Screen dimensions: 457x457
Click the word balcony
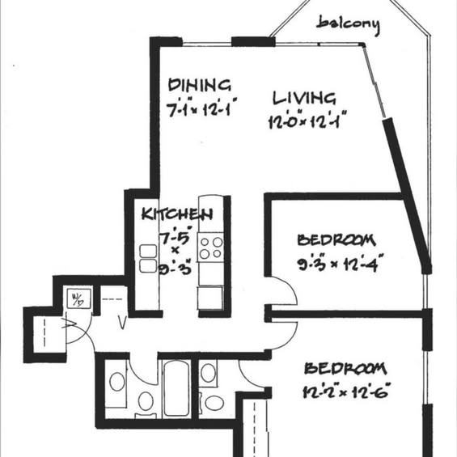[349, 25]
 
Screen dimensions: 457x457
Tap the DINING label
[200, 85]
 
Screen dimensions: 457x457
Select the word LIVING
[304, 98]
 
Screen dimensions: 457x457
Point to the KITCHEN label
[177, 214]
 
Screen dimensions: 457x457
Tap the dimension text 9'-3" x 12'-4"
[340, 263]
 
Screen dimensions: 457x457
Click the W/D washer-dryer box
[78, 298]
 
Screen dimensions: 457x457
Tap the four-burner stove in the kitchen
[211, 248]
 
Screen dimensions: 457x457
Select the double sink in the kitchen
[148, 259]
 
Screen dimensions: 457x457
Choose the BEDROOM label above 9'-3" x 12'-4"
[336, 239]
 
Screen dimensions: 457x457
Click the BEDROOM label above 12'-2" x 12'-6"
[345, 368]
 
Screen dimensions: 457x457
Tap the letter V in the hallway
[123, 322]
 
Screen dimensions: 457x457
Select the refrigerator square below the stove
[210, 298]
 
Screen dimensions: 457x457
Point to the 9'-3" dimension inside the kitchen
[176, 267]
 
